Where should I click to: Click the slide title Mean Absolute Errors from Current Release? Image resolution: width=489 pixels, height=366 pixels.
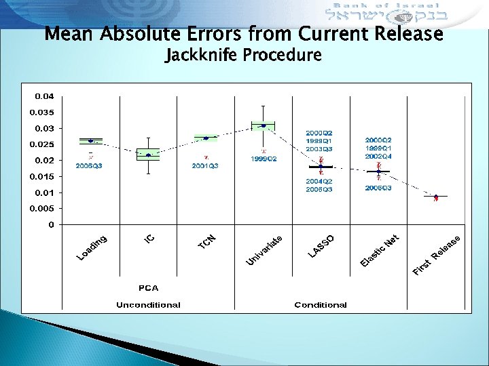tap(244, 33)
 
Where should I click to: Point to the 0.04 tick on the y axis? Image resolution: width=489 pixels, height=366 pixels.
tap(45, 96)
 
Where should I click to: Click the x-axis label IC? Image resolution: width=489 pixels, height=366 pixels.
tap(151, 238)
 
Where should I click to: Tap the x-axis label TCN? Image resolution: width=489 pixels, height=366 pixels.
tap(207, 241)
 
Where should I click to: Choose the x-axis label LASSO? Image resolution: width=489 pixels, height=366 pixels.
tap(321, 245)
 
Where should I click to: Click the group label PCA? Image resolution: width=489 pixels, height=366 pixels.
tap(149, 288)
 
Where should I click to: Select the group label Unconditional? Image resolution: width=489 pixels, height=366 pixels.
tap(148, 304)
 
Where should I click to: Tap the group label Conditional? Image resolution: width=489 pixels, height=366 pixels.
tap(321, 304)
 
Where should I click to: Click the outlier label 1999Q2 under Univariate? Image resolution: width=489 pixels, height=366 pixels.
tap(264, 159)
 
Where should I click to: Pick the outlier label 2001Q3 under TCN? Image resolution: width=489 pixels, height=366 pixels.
tap(204, 165)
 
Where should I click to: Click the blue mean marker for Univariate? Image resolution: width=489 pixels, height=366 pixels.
tap(264, 125)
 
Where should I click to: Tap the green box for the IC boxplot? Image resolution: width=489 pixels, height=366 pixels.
tap(148, 155)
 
